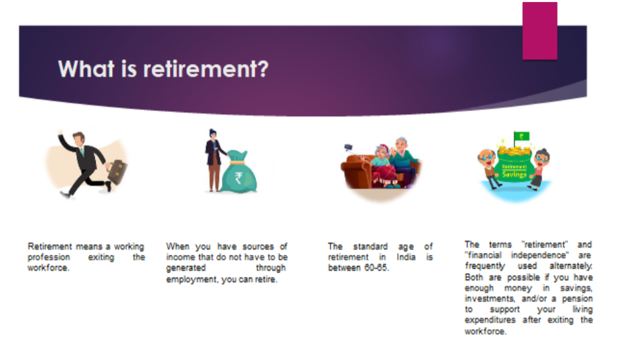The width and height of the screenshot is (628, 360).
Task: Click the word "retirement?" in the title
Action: click(206, 68)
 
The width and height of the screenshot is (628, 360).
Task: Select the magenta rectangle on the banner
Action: click(540, 30)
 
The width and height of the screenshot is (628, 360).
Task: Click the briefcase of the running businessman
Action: click(117, 171)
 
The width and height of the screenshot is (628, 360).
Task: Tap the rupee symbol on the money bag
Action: click(239, 177)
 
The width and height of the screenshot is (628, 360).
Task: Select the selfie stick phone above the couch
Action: click(348, 148)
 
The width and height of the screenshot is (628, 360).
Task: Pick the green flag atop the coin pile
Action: click(521, 137)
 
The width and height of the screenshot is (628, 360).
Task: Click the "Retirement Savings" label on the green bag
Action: click(515, 171)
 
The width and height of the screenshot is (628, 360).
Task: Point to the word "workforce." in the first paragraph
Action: click(48, 268)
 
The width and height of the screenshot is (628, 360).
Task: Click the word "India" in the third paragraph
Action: click(406, 257)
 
